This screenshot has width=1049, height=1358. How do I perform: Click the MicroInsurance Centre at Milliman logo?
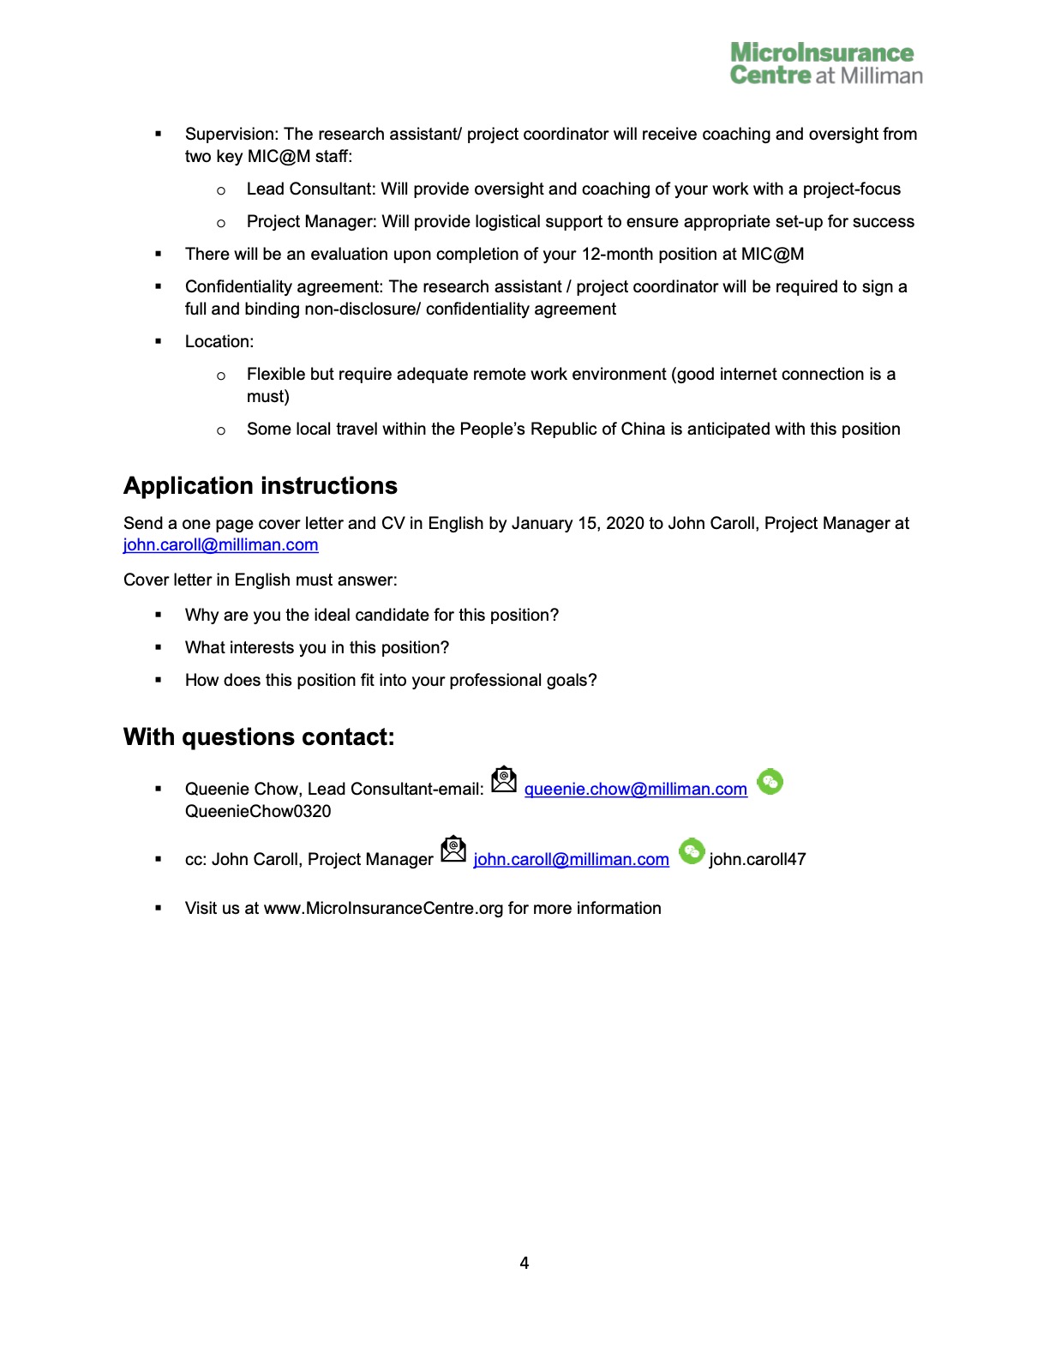(825, 64)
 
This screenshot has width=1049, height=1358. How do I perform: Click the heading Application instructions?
(261, 486)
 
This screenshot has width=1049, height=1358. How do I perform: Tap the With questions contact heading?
(259, 737)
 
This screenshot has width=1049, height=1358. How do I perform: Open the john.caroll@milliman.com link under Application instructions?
(220, 545)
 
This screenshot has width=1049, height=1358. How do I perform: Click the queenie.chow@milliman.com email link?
(635, 790)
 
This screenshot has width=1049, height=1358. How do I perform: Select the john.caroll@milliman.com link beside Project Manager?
(571, 860)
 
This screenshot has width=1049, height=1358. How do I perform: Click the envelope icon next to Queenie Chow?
(504, 780)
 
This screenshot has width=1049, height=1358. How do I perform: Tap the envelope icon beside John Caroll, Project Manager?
(453, 850)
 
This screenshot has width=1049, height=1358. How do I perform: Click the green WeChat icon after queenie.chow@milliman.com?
(770, 781)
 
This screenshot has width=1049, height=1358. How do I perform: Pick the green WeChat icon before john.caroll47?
(691, 851)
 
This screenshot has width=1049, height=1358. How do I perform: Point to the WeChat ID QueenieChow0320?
(258, 812)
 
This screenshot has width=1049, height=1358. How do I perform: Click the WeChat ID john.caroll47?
(758, 860)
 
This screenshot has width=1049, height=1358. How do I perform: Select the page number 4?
(524, 1263)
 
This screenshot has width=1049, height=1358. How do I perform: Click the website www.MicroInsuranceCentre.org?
(383, 909)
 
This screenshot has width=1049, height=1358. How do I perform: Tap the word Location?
(219, 342)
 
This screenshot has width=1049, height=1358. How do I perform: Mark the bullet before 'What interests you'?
(159, 648)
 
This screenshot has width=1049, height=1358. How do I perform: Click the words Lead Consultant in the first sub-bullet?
(309, 189)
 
